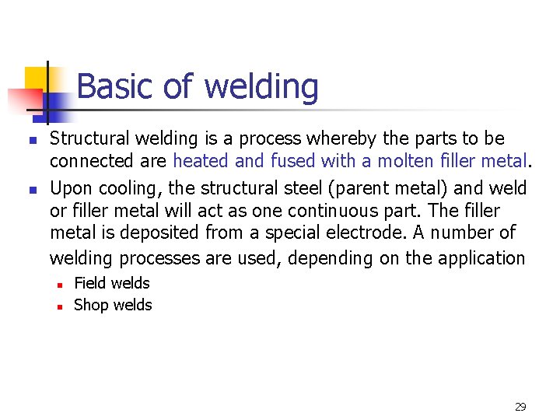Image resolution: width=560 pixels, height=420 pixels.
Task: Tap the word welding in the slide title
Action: point(261,87)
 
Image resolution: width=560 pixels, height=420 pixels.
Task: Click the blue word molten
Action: point(412,162)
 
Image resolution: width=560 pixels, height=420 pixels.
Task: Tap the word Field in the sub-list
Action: point(88,283)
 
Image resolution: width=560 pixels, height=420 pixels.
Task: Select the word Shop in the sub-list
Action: point(89,305)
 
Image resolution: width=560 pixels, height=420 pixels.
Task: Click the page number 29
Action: point(520,406)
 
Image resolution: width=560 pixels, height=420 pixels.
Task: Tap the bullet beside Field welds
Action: point(58,284)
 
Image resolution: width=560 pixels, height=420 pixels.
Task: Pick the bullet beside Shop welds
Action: point(58,306)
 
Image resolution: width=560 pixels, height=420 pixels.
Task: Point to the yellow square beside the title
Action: point(37,80)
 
